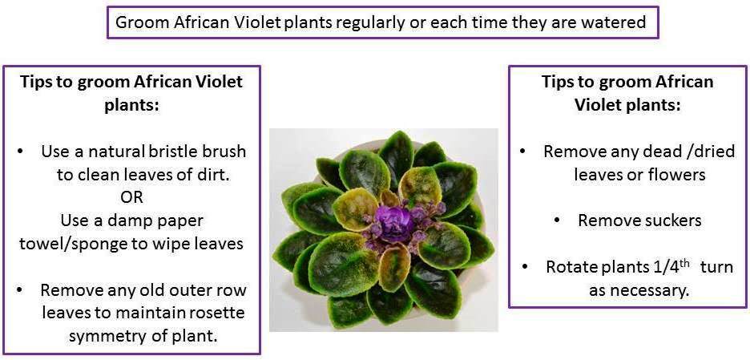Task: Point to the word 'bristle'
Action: point(175,152)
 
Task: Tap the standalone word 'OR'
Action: point(131,197)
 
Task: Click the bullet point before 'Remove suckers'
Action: point(557,220)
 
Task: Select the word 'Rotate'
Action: point(570,267)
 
